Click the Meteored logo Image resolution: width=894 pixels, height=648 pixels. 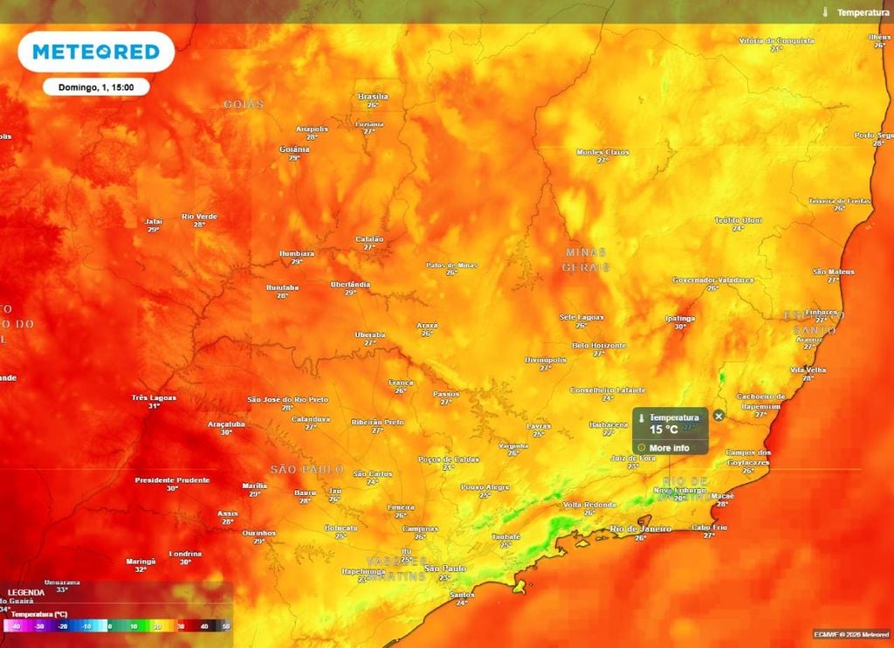click(x=96, y=52)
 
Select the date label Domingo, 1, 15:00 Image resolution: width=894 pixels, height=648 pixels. click(x=96, y=87)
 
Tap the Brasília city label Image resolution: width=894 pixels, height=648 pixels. click(x=373, y=96)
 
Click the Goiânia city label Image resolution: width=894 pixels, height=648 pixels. click(x=294, y=149)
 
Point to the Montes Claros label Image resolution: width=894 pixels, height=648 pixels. click(x=602, y=152)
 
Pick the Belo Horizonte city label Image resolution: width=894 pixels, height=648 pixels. click(x=598, y=345)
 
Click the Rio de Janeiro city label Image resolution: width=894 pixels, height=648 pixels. click(x=640, y=528)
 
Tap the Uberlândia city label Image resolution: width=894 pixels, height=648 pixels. click(x=350, y=284)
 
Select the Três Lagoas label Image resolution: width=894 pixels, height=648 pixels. click(x=154, y=397)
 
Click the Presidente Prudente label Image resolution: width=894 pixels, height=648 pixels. click(x=172, y=479)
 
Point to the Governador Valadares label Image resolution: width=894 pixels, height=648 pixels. click(x=712, y=279)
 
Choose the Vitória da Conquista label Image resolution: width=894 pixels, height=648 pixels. click(x=775, y=40)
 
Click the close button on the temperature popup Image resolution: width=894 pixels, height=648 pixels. click(x=719, y=417)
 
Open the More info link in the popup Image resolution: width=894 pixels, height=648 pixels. click(x=669, y=448)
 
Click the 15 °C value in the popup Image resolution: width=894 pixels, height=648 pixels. click(x=664, y=430)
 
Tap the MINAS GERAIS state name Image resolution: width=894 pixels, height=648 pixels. click(x=585, y=259)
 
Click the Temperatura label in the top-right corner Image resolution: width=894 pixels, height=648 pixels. click(x=863, y=12)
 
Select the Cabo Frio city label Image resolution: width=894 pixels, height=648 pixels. click(x=709, y=527)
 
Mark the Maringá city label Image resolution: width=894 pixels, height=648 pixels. click(x=141, y=561)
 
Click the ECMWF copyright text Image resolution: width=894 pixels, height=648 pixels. click(x=850, y=634)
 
